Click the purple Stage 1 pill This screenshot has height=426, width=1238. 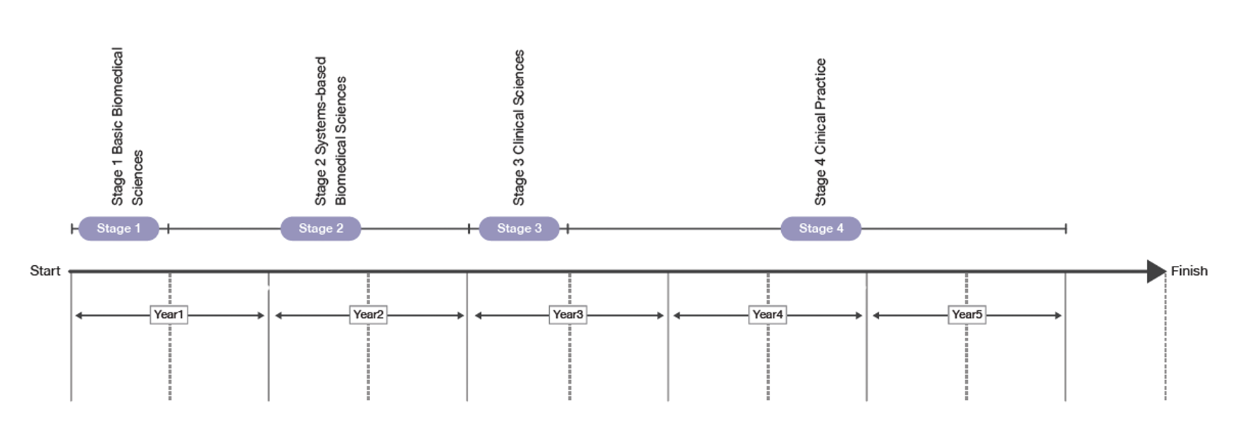(x=119, y=229)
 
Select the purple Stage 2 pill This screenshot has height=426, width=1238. (x=321, y=229)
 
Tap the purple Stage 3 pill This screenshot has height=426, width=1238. (x=520, y=229)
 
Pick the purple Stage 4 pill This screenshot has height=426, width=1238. (x=821, y=229)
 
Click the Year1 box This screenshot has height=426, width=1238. (x=169, y=315)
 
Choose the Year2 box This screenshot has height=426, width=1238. (x=368, y=315)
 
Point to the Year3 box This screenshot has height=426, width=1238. (x=568, y=315)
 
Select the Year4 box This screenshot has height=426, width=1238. (x=767, y=315)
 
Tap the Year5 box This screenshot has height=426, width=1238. (x=967, y=315)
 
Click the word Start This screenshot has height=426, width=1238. (x=45, y=271)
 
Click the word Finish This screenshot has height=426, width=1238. (x=1189, y=271)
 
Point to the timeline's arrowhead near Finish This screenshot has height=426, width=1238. (x=1156, y=271)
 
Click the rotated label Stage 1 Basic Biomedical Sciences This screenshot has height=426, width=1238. (x=127, y=127)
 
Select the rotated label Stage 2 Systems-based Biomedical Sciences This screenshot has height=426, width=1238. (x=331, y=131)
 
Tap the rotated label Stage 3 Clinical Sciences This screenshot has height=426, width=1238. (x=519, y=128)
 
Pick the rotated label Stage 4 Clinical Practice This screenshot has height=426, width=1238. (x=820, y=132)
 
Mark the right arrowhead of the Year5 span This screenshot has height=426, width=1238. (x=1059, y=315)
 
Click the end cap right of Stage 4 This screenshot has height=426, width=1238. (x=1065, y=229)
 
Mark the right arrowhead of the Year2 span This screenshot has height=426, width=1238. (x=462, y=315)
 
